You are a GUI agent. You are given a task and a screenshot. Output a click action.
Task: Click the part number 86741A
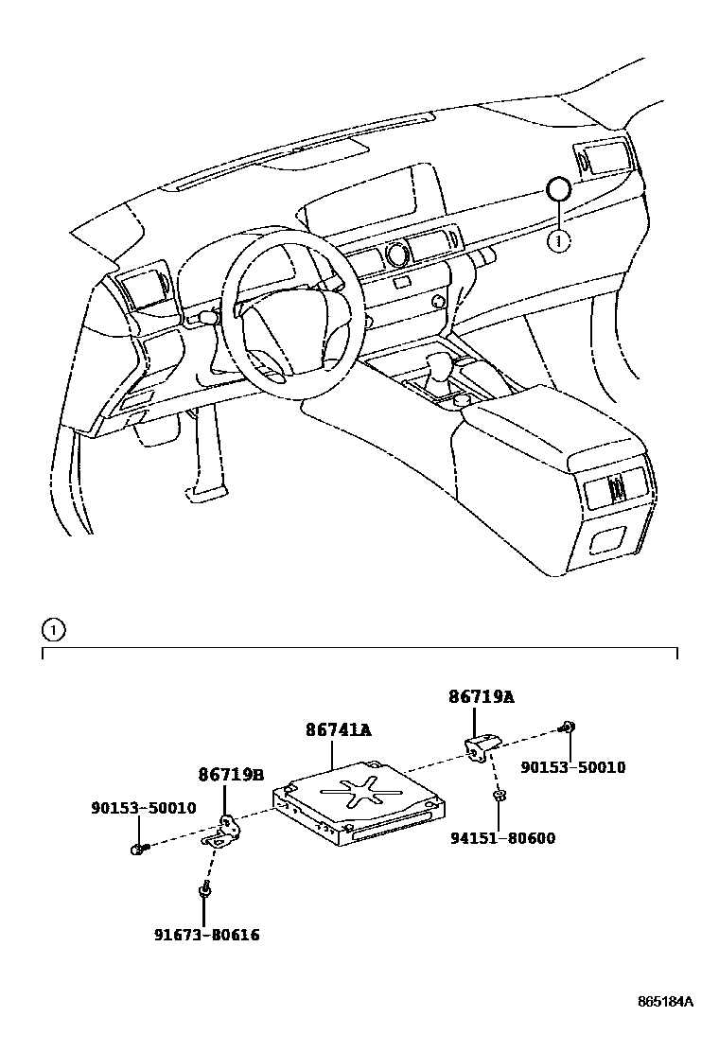click(338, 730)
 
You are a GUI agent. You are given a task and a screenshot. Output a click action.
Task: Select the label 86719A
click(481, 697)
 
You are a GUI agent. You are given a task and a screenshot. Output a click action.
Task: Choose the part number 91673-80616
click(206, 936)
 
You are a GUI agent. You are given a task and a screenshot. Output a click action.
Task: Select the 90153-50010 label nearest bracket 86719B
click(143, 808)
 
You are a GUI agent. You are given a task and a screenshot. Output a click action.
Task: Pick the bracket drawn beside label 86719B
click(225, 831)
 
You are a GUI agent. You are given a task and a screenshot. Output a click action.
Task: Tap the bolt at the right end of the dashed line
click(569, 727)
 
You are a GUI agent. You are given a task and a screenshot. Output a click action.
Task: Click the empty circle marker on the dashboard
click(558, 190)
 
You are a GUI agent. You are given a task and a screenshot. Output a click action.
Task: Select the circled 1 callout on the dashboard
click(558, 242)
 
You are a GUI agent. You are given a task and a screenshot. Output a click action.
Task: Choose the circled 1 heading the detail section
click(54, 629)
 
